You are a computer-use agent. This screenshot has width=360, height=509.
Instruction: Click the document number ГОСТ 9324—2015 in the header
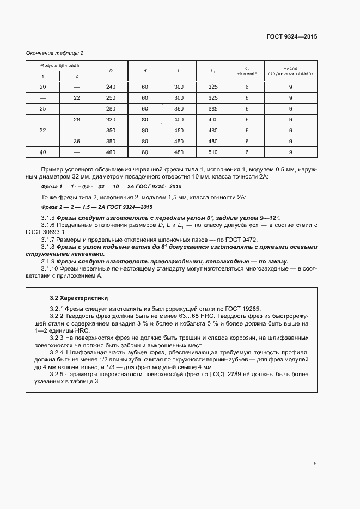291,37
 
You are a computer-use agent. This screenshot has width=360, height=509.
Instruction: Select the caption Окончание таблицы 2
55,53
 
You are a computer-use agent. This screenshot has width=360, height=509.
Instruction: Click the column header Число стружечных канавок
290,71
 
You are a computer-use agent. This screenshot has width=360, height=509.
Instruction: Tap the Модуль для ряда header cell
60,65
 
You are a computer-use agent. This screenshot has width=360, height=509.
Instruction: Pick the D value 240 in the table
111,87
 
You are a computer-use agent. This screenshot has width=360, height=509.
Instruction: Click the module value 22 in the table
76,98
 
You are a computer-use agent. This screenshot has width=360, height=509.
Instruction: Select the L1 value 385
213,109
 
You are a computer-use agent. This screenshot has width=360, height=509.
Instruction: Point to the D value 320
111,119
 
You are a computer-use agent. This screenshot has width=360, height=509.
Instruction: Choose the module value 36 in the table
76,141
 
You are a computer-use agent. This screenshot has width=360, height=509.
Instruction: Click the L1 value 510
213,152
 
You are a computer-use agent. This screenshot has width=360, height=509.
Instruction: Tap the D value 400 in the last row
111,152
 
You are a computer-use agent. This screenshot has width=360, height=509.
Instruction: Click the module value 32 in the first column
43,130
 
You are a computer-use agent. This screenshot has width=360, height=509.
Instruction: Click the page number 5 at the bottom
315,464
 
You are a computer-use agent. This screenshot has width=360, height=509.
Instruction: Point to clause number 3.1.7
50,240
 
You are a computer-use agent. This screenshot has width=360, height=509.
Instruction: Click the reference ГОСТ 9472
244,240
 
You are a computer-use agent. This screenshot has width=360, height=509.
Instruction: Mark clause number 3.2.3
58,338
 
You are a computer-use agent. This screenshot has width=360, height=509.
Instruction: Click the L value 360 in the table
179,109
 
